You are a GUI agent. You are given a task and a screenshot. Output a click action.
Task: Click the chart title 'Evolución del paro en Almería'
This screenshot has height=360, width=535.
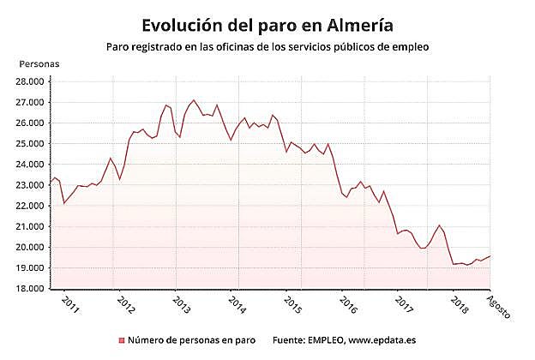tap(267, 20)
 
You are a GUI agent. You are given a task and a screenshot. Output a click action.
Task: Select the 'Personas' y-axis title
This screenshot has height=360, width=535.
tap(39, 64)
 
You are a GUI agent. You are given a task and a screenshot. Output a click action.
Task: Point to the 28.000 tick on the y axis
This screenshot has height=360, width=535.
tap(30, 82)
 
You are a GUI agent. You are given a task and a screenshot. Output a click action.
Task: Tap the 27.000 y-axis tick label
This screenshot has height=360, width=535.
tap(30, 103)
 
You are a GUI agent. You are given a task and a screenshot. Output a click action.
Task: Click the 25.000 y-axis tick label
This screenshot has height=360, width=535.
tap(30, 144)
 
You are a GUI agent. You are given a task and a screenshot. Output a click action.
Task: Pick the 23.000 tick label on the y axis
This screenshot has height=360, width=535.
tap(30, 185)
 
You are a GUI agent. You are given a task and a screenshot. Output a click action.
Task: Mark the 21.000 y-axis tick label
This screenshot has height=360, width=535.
tap(30, 227)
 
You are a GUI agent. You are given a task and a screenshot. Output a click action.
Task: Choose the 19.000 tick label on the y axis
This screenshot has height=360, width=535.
tap(30, 268)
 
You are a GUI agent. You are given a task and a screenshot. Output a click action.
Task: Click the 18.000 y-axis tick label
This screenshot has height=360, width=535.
tap(30, 289)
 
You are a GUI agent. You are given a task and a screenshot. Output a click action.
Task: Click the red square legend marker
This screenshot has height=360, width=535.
tap(121, 340)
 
